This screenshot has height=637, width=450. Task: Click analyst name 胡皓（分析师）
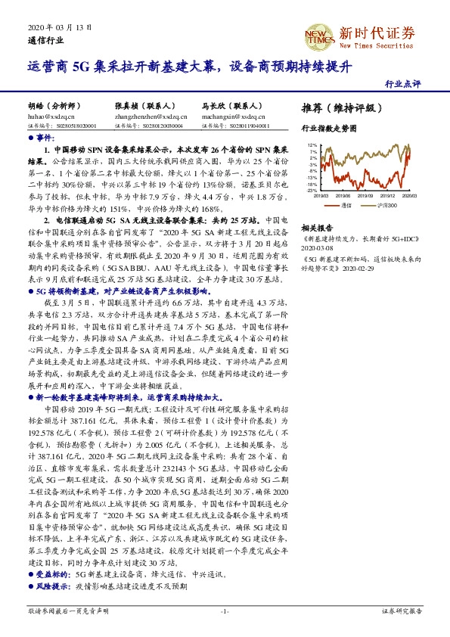pos(51,107)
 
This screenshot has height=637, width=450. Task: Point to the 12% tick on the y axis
pos(312,144)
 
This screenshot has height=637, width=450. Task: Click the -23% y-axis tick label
pos(311,191)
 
